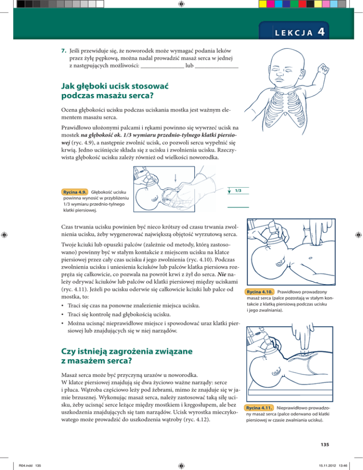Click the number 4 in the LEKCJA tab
321,32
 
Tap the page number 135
325,444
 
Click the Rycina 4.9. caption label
75,192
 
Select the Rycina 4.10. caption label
259,292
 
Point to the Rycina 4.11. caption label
259,408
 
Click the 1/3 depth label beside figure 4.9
238,191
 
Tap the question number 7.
63,51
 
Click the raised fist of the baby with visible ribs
323,69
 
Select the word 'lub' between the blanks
190,65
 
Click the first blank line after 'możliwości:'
162,68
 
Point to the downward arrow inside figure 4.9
175,178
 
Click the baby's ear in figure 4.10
280,262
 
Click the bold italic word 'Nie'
222,274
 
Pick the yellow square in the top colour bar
263,4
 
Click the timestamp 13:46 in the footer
343,465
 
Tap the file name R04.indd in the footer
26,465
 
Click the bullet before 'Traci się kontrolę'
62,315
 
